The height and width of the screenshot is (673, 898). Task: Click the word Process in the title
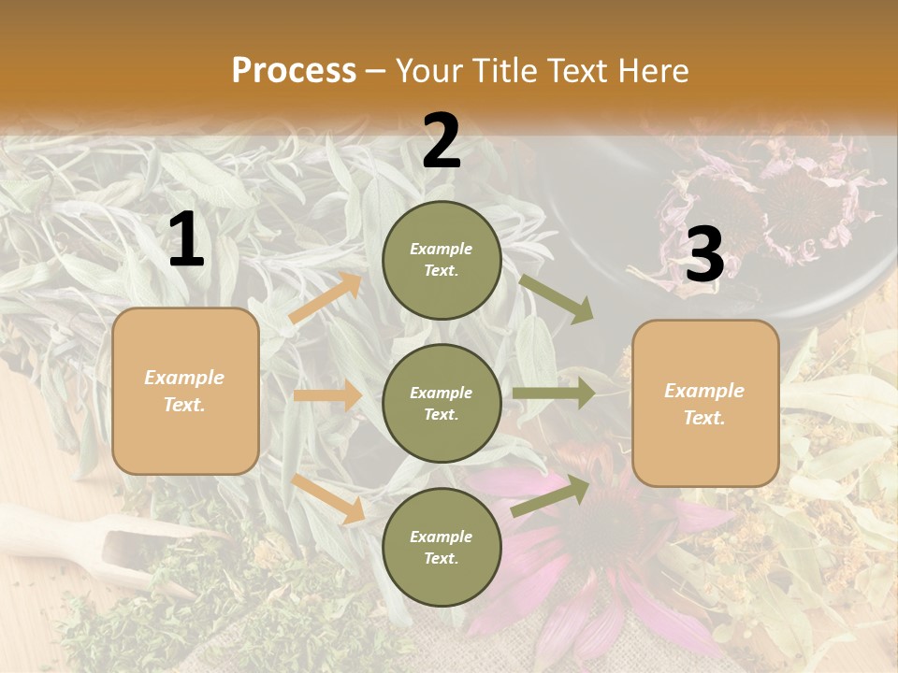[294, 70]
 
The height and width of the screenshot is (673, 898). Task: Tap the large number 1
[186, 240]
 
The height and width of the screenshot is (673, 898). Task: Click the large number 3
[704, 255]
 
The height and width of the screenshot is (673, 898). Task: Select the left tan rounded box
[185, 391]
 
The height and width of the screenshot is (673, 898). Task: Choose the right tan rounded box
[705, 404]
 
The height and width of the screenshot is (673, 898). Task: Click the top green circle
[442, 260]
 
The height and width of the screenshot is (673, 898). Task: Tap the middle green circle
[442, 404]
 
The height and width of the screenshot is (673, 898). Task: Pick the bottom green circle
[442, 548]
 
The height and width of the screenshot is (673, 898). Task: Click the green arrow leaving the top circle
[557, 298]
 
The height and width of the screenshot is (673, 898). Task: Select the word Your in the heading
[429, 70]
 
